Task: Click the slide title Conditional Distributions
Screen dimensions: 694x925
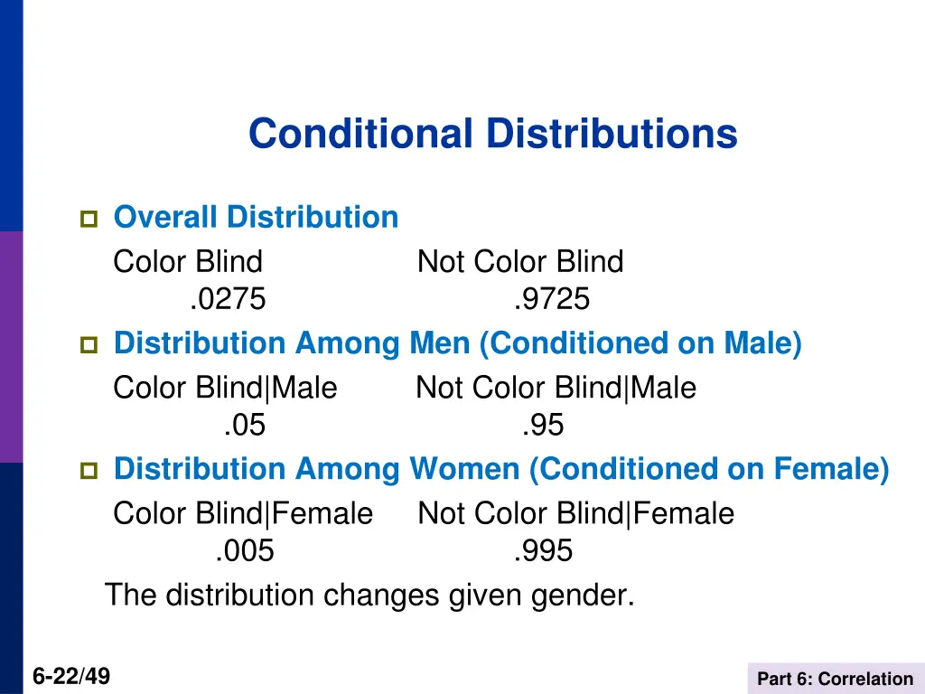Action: click(x=492, y=134)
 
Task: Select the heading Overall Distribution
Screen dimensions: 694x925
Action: click(x=256, y=217)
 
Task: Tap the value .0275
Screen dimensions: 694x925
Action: click(x=229, y=298)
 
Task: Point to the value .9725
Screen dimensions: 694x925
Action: click(x=551, y=298)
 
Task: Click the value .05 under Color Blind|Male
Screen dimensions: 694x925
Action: click(x=245, y=425)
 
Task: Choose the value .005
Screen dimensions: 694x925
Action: click(x=245, y=550)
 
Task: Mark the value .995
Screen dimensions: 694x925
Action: click(x=543, y=550)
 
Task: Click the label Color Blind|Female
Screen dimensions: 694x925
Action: click(x=242, y=513)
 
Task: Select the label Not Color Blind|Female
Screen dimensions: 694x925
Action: click(x=575, y=513)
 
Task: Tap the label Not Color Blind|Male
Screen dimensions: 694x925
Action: click(x=556, y=388)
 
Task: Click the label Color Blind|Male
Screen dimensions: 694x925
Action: click(x=225, y=388)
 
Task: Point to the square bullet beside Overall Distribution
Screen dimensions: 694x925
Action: click(x=89, y=219)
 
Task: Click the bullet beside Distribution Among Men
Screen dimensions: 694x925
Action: click(x=89, y=344)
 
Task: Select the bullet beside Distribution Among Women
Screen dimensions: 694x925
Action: click(x=89, y=470)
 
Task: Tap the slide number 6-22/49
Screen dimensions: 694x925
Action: click(x=71, y=675)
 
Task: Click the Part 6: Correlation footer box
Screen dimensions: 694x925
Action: click(x=835, y=679)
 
